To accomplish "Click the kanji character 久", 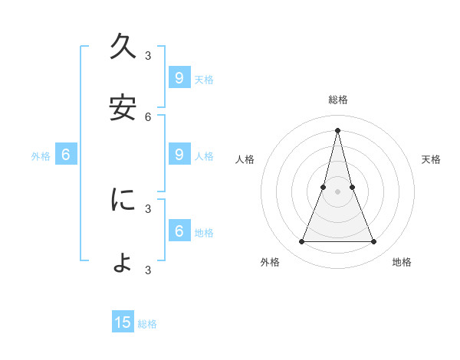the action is click(123, 47).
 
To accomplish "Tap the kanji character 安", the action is click(123, 108).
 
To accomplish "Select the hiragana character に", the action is click(123, 200).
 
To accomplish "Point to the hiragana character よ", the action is click(123, 262).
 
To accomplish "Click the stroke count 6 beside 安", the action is click(148, 117).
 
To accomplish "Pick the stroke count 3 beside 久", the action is click(148, 56).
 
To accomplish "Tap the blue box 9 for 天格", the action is click(179, 77).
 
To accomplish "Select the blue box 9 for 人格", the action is click(179, 155).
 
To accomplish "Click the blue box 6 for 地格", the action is click(179, 231).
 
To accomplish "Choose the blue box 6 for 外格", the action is click(66, 155).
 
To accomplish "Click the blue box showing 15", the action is click(123, 322).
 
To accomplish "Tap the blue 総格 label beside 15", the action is click(148, 324).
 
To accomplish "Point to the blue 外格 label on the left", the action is click(41, 156).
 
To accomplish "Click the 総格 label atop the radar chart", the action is click(337, 100).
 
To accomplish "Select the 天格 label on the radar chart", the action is click(431, 159).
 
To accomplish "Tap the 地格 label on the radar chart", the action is click(402, 262).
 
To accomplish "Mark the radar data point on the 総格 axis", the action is click(337, 129).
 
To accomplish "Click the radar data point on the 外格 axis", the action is click(301, 242).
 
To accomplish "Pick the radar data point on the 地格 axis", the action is click(373, 242).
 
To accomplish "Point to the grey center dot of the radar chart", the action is click(337, 191).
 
